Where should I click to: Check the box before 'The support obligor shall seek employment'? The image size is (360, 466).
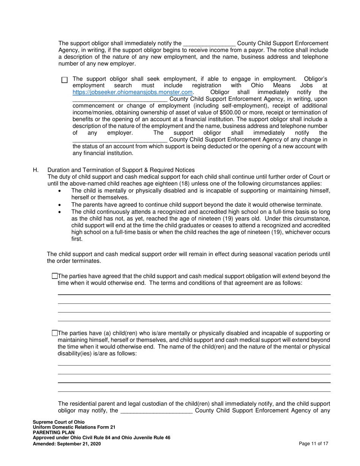click(64, 80)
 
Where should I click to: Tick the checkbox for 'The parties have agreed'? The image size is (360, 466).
click(55, 276)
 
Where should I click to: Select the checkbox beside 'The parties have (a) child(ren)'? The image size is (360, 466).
click(55, 333)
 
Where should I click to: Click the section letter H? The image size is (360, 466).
click(36, 170)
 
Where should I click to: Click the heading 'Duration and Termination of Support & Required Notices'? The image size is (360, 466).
click(121, 170)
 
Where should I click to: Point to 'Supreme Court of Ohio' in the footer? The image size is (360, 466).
click(59, 422)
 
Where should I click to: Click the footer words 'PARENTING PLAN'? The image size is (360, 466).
click(53, 433)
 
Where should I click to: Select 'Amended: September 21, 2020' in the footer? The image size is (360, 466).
click(67, 443)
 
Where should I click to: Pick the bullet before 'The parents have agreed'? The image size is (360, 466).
click(59, 205)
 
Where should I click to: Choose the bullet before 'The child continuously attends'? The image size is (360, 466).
click(59, 212)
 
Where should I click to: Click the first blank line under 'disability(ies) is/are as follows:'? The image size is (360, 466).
click(194, 365)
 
